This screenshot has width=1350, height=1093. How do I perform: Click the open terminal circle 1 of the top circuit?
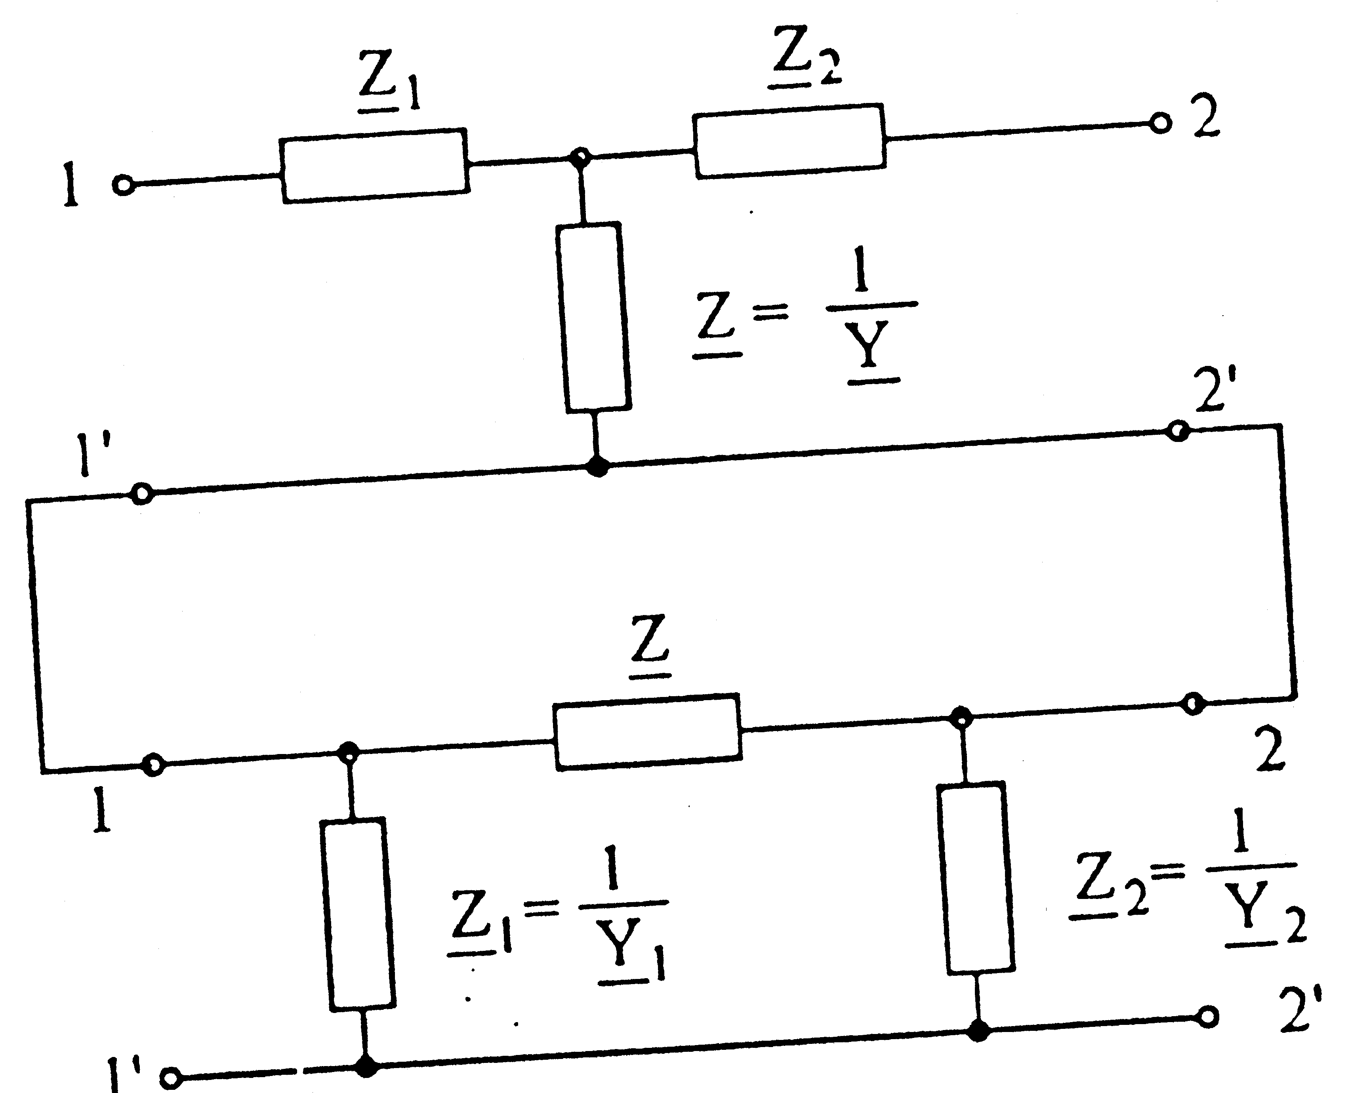[124, 186]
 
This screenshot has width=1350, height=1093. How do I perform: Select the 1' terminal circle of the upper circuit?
[142, 493]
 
